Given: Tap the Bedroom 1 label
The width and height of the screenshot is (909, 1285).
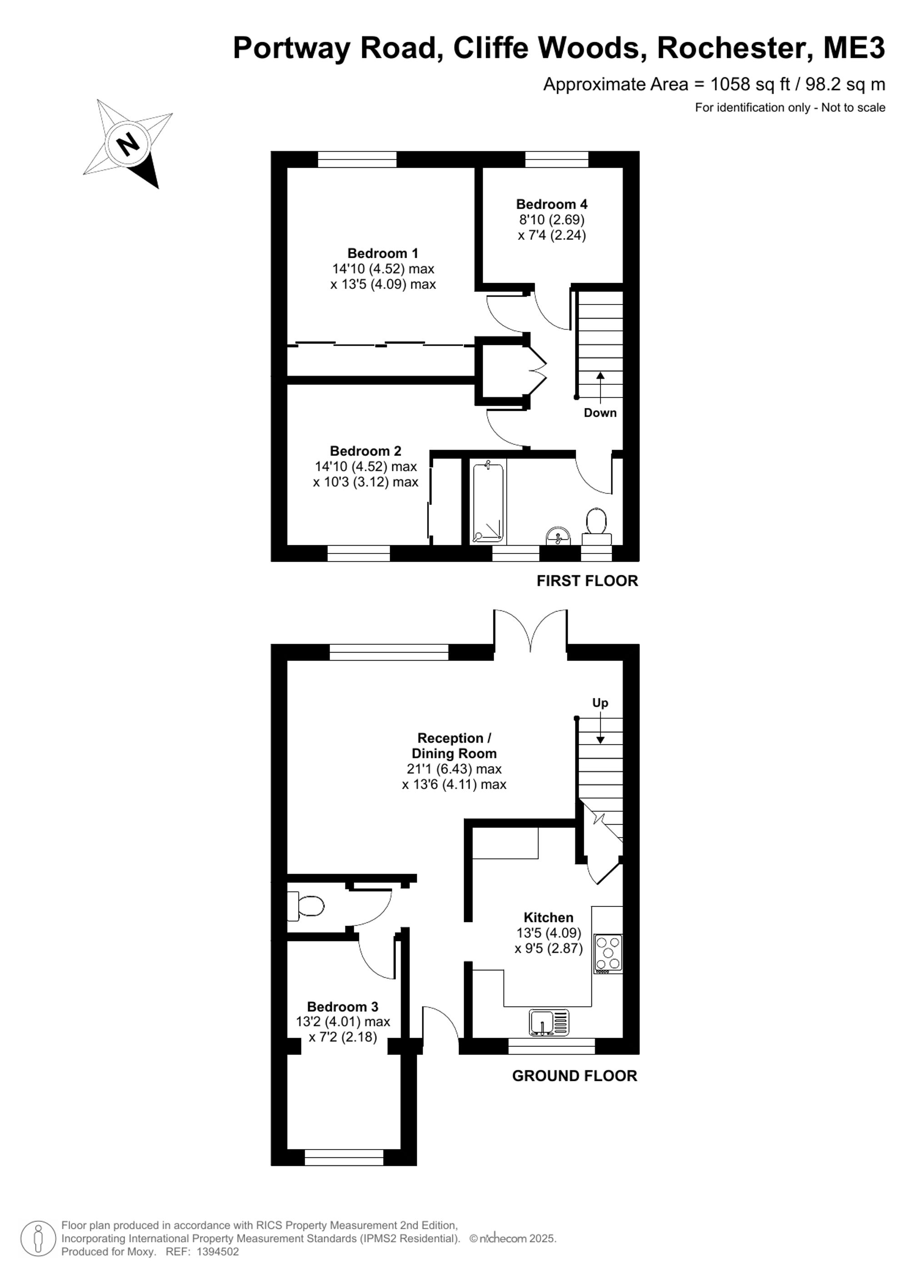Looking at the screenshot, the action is (383, 253).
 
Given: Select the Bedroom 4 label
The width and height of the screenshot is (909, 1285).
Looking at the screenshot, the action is (551, 204).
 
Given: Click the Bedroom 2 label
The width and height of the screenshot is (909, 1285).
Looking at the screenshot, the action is (365, 451).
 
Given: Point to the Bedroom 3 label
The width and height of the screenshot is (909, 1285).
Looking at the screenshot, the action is (343, 1006).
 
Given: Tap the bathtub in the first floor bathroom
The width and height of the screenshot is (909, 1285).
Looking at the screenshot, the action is (488, 502).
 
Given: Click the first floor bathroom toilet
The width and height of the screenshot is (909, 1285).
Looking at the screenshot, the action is (596, 526).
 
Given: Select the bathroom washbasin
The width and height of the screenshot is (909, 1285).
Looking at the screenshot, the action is (558, 536).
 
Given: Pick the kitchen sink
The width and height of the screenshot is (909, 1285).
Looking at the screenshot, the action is (549, 1022).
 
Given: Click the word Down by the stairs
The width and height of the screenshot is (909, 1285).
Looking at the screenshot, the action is (600, 413).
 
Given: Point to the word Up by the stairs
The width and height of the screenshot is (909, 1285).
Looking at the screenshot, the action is (600, 703).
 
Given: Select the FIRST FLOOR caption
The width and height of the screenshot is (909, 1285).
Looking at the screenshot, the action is (587, 581).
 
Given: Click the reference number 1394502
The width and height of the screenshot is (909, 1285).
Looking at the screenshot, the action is (217, 1252).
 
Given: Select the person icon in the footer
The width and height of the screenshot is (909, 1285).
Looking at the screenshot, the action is (38, 1239).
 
